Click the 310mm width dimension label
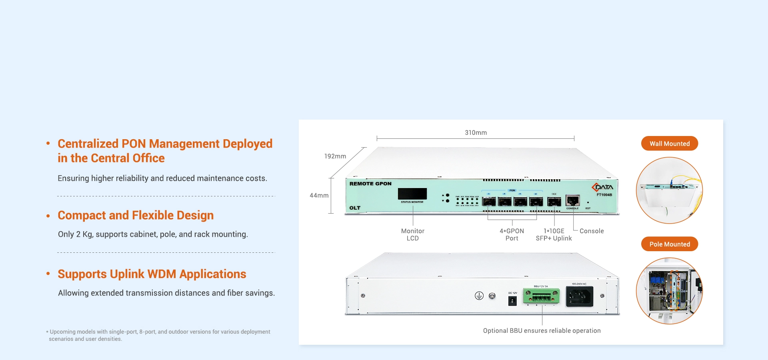[476, 132]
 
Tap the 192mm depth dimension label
[335, 156]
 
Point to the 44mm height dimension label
[319, 195]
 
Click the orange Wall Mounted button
[669, 144]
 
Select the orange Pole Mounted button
[669, 244]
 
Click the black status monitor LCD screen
[412, 194]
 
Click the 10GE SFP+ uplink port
[554, 201]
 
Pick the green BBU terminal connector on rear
[541, 296]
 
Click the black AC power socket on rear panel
[579, 296]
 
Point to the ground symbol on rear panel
[479, 296]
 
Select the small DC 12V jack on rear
[512, 301]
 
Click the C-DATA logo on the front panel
[602, 187]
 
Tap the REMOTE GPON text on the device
[370, 184]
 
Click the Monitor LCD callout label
[412, 234]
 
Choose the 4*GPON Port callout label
[512, 234]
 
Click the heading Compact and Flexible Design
[136, 215]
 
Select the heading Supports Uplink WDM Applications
[152, 274]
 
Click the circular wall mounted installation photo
[669, 190]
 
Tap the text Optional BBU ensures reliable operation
[542, 330]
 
